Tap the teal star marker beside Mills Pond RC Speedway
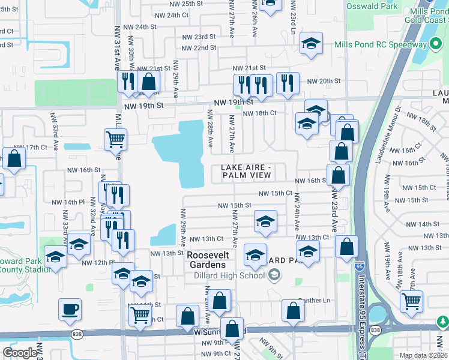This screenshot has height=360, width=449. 436,44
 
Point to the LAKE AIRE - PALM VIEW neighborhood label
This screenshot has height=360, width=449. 247,171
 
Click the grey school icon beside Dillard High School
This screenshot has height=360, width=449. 274,275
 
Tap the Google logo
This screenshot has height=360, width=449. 20,353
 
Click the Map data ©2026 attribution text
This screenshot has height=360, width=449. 422,355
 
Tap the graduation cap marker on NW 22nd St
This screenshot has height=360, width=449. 311,43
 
